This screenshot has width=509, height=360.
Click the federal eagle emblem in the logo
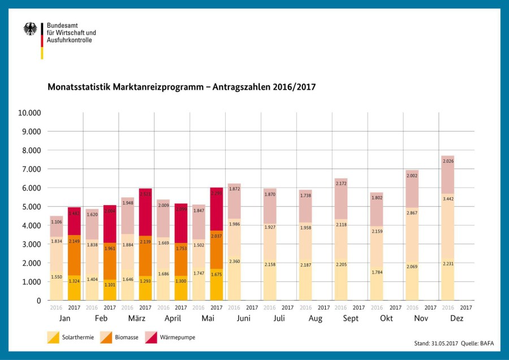(30, 29)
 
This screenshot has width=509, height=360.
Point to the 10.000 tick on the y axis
(29, 112)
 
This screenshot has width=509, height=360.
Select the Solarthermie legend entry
(71, 337)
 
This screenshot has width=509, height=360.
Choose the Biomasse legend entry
(119, 337)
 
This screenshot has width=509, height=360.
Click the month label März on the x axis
(136, 319)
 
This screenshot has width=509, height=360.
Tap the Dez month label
(457, 319)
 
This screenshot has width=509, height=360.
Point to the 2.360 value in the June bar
(234, 261)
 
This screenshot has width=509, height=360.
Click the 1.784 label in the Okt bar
(377, 272)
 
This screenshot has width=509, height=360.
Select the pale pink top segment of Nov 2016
(412, 189)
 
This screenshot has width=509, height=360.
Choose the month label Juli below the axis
(279, 319)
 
